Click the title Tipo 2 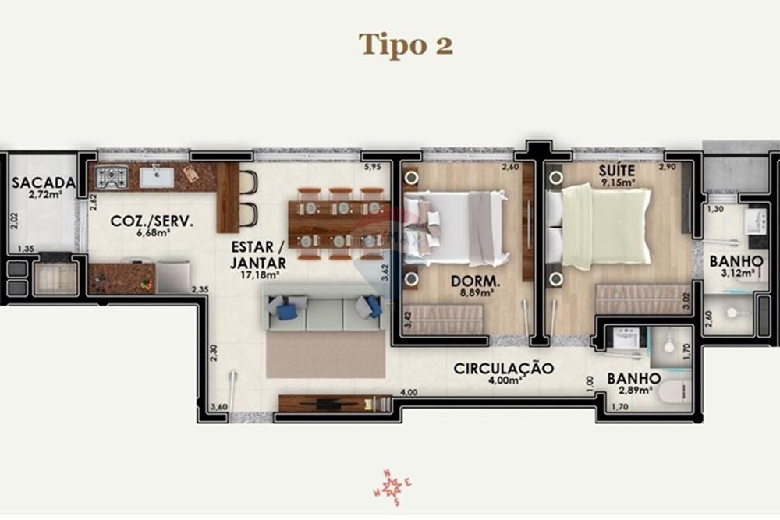point(406,44)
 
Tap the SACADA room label point(44,183)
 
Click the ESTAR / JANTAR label point(257,255)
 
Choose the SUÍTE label point(616,170)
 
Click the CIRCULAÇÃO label point(504,368)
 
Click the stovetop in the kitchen point(111,178)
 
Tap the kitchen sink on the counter point(157,177)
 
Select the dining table point(339,224)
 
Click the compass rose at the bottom point(392,489)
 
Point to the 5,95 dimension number point(372,167)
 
